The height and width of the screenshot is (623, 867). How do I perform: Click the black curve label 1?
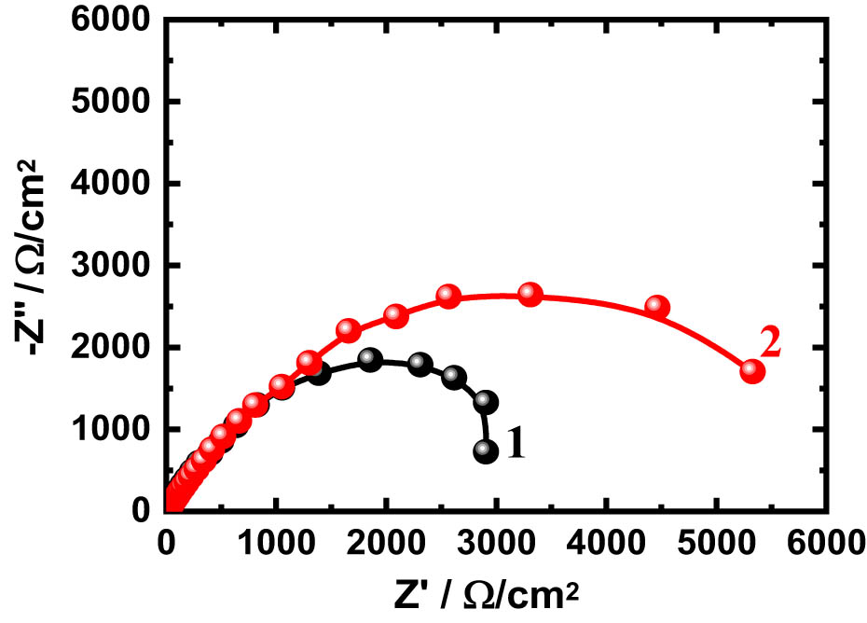[x=516, y=442]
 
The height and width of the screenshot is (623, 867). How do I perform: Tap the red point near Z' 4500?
[x=658, y=307]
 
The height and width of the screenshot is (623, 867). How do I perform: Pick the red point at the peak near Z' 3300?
[x=530, y=295]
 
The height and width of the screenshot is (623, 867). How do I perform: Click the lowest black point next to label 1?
[x=486, y=451]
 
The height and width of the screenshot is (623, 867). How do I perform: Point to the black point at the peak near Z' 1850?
[x=370, y=360]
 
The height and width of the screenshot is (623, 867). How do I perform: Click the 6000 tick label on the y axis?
[x=117, y=20]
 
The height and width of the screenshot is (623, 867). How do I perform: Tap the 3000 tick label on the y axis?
[x=117, y=266]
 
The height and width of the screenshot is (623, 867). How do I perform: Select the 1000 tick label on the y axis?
[x=117, y=430]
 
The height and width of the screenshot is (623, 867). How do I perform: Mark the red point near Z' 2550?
[x=448, y=297]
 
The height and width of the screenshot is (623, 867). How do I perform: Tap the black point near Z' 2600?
[x=454, y=377]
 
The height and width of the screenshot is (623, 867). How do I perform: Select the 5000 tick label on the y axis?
[x=117, y=102]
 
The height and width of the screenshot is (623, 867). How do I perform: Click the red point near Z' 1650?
[x=349, y=330]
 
